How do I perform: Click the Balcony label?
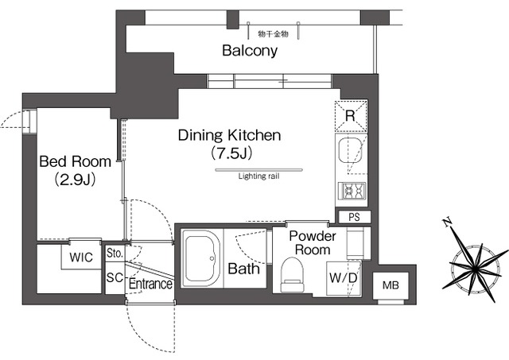click(x=250, y=51)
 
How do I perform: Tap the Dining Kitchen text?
click(x=230, y=135)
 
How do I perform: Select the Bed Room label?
click(x=75, y=161)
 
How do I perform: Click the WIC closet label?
click(x=81, y=257)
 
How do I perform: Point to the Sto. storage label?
click(x=115, y=253)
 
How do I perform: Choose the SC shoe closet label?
click(x=115, y=277)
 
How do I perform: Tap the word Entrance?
click(x=150, y=285)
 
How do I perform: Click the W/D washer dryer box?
click(x=344, y=278)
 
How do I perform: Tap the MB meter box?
click(x=390, y=285)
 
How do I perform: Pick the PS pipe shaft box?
click(x=355, y=217)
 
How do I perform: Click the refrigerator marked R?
click(x=351, y=116)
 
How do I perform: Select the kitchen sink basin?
click(x=350, y=150)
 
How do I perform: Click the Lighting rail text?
click(x=258, y=176)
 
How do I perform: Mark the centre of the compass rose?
click(x=475, y=268)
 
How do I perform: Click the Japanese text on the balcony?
click(x=273, y=33)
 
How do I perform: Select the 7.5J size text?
click(x=231, y=153)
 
